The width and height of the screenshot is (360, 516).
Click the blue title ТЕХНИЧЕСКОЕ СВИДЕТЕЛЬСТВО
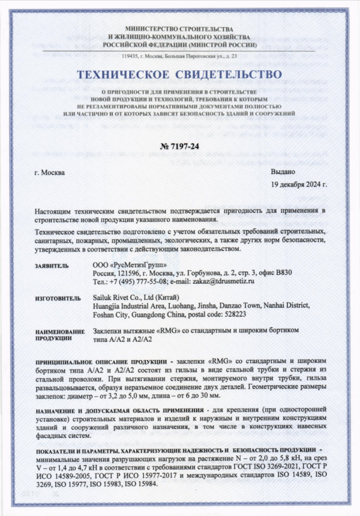[x=179, y=75]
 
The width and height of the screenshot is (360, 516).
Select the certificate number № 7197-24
[x=179, y=147]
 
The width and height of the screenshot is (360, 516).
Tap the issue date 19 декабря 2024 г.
[x=298, y=184]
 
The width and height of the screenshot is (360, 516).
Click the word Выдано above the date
[x=282, y=172]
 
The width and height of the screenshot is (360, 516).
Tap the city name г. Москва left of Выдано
[x=48, y=173]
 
